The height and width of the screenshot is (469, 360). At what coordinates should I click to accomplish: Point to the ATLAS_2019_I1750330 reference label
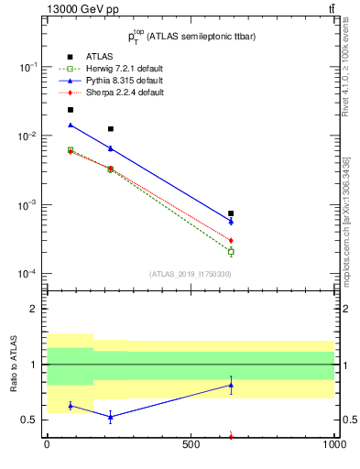click(x=190, y=273)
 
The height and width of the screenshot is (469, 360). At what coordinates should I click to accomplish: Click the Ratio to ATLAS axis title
click(x=14, y=365)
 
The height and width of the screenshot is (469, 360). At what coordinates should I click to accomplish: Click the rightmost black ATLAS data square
click(x=231, y=213)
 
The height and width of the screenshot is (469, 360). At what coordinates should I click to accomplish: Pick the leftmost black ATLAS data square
click(x=70, y=110)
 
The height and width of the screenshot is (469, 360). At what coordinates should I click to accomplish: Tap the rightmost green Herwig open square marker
click(x=231, y=251)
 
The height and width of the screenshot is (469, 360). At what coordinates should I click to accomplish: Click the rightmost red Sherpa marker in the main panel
click(x=231, y=240)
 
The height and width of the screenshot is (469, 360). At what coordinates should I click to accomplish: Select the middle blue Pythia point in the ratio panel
click(x=111, y=417)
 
